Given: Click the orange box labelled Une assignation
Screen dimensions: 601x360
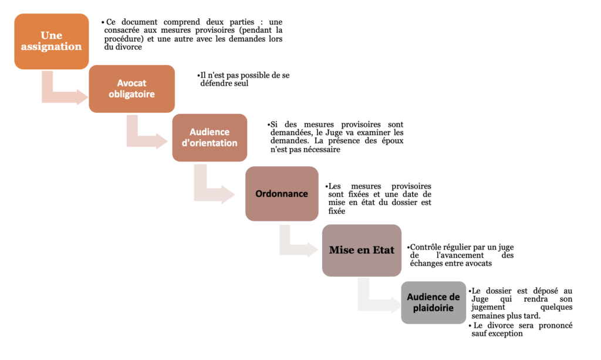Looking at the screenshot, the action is (52, 42).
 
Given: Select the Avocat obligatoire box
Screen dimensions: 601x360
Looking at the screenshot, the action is (131, 89).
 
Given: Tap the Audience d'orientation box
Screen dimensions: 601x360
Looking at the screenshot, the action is (210, 137).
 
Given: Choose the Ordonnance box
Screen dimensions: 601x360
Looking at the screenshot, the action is (282, 194).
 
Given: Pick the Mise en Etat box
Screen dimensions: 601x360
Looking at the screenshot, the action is (362, 250).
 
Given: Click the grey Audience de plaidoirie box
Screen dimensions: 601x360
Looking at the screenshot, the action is (434, 302).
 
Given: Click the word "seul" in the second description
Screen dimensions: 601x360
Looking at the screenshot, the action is (241, 83).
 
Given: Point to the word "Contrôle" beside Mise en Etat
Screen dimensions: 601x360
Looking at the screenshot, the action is (426, 247).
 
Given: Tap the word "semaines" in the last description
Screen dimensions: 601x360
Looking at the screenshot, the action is (487, 316).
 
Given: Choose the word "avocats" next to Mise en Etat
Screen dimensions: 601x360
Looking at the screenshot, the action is (478, 263).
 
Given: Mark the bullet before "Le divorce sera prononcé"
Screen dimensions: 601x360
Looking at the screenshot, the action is (470, 326).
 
